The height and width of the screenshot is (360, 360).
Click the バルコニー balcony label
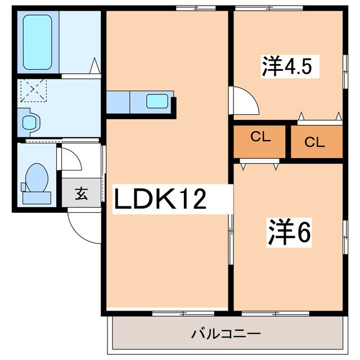[x=226, y=334]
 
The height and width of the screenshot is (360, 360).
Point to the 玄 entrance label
[x=82, y=195]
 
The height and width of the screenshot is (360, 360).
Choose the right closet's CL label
[x=315, y=142]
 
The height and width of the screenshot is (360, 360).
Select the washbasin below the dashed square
[x=28, y=121]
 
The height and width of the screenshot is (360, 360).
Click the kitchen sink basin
[x=156, y=102]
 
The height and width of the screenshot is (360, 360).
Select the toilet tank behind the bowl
[x=36, y=197]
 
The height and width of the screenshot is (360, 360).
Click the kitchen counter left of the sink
[x=119, y=102]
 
